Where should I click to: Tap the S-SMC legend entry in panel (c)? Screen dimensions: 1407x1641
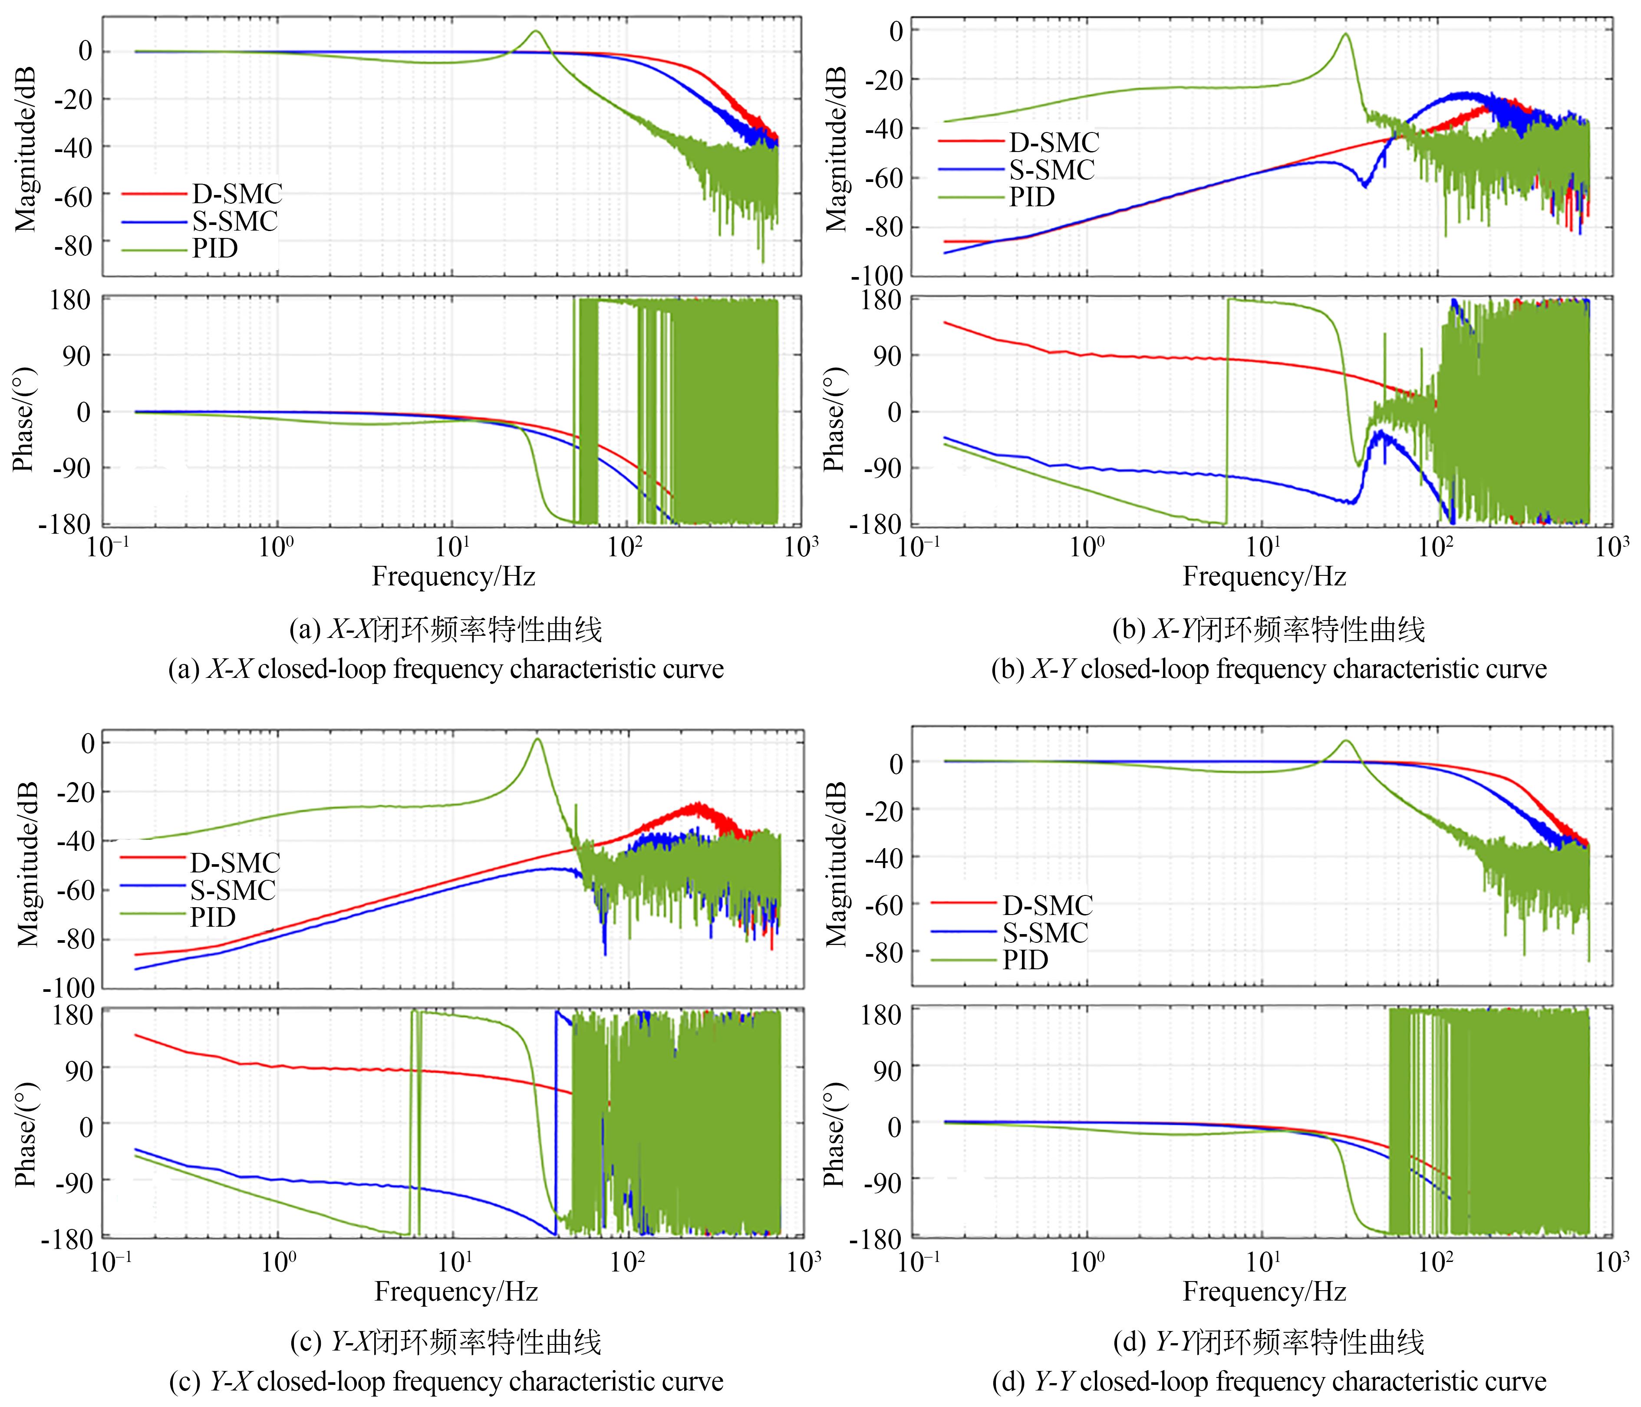(x=233, y=890)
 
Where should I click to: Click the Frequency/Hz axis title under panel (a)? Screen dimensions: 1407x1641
(x=454, y=576)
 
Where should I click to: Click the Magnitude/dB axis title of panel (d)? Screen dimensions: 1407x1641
(x=836, y=864)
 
